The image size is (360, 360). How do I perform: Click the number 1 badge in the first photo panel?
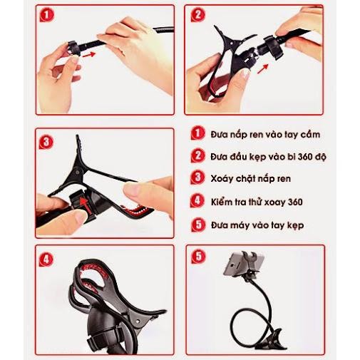point(47,15)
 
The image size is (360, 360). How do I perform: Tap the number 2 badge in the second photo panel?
point(198,15)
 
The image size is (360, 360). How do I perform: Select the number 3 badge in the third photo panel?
point(46,143)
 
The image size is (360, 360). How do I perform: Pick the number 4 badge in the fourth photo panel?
point(46,259)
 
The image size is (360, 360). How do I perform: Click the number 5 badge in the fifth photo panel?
point(198,257)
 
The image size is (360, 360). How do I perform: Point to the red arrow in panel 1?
point(89,55)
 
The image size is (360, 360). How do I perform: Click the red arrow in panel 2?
point(262,68)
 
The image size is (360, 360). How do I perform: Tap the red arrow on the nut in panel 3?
point(85,205)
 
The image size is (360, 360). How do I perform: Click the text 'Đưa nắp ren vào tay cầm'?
point(265,135)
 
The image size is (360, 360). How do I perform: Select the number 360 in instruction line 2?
point(305,157)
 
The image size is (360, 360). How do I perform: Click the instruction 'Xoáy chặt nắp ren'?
point(251,179)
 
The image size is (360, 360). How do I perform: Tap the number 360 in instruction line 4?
point(295,202)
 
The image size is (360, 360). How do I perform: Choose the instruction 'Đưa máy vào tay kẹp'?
point(257,225)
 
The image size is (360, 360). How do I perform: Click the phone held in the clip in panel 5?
point(243,264)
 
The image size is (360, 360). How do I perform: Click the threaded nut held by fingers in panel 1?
point(73,48)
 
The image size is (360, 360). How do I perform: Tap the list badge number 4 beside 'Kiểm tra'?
point(197,201)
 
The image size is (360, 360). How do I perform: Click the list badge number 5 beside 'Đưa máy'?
point(198,225)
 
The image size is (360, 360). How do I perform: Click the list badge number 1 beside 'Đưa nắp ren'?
point(197,133)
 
